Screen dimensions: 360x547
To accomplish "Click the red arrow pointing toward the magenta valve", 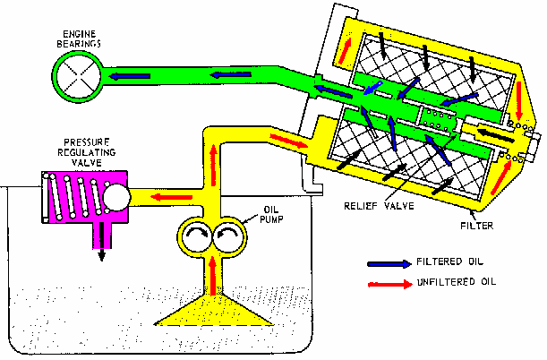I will tap(162, 197).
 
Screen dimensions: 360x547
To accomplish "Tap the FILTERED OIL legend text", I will tap(451, 262).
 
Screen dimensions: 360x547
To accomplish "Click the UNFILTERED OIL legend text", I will tap(457, 282).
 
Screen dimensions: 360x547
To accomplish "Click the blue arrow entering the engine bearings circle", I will tap(122, 77).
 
